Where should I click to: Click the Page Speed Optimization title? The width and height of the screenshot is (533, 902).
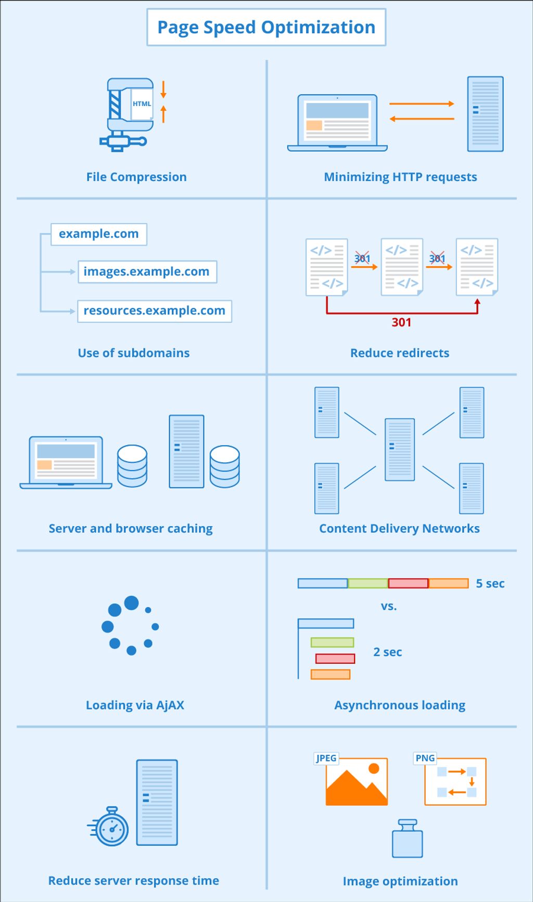266,27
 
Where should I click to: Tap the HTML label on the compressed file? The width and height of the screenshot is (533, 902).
142,104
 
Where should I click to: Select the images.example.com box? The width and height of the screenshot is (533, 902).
147,271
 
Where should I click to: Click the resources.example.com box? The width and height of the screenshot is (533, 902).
155,311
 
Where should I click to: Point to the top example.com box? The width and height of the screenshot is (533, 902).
99,234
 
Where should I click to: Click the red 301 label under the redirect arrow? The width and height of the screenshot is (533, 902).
401,322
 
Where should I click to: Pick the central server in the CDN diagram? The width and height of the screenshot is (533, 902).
400,449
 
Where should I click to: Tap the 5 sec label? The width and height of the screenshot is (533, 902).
490,583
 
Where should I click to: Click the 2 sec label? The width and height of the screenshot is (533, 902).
387,652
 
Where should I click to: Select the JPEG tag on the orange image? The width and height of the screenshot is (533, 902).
326,758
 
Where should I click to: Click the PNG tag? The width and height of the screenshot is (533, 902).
425,758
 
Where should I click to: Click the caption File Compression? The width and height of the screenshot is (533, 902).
136,177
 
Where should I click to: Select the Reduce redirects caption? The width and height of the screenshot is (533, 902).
400,353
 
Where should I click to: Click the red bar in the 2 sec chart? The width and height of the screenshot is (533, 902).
335,658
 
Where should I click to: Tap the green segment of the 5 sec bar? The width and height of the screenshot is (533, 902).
368,583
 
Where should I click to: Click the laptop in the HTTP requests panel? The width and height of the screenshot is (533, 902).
337,123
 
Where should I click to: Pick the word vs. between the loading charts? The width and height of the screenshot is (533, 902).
389,606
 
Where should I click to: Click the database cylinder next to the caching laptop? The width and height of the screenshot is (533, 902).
132,466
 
